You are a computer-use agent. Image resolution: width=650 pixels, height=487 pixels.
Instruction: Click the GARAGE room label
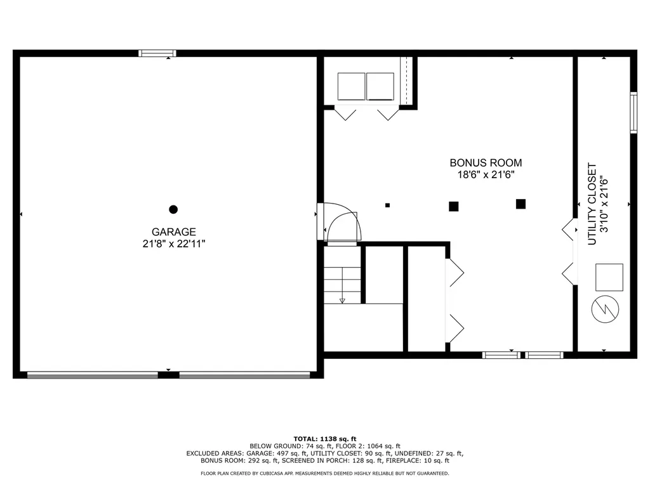(173, 232)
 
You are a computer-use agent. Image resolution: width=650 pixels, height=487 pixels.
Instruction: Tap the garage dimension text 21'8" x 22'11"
(173, 243)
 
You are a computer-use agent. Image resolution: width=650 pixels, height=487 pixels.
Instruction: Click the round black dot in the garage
(173, 209)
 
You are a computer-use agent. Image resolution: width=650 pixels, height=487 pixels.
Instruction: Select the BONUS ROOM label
(486, 163)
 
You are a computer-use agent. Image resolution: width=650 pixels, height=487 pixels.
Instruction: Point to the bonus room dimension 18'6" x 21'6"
(486, 175)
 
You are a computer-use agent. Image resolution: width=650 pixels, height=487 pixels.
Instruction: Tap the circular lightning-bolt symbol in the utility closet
(602, 309)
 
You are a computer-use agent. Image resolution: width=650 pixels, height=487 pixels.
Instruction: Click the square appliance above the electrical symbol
(609, 276)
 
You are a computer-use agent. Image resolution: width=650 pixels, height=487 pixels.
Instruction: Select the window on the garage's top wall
(157, 53)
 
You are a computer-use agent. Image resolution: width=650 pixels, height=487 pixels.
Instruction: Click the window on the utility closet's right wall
(633, 113)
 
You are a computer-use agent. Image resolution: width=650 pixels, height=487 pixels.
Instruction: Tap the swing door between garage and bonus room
(343, 224)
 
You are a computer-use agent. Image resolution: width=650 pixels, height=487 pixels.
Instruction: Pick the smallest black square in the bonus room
(388, 205)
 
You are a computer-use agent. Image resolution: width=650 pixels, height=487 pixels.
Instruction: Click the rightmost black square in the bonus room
(521, 204)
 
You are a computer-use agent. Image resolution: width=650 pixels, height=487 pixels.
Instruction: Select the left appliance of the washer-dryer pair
(351, 86)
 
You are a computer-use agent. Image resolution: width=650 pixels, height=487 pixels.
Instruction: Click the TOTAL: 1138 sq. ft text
(324, 438)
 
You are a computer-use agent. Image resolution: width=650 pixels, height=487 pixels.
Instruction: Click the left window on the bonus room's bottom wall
(501, 355)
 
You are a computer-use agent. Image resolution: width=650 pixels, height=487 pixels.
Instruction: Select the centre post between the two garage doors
(168, 375)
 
